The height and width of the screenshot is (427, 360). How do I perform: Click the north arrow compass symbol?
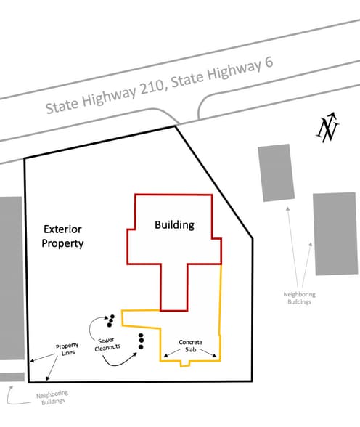tap(327, 128)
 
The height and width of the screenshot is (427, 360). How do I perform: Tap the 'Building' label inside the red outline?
tap(174, 225)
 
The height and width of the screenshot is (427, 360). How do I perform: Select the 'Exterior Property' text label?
tap(62, 236)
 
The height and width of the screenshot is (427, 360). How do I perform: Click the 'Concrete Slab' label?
tap(190, 346)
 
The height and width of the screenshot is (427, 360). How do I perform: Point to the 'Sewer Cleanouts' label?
tap(107, 344)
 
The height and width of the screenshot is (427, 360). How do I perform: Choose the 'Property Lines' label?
tap(67, 349)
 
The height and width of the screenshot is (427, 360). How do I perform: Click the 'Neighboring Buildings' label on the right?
tap(299, 298)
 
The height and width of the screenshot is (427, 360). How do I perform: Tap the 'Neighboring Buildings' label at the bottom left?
tap(52, 398)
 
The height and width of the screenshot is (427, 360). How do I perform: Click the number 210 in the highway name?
tap(152, 86)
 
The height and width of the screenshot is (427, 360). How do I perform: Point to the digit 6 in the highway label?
tap(269, 62)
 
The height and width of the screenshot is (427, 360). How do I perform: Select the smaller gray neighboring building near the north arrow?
tap(277, 173)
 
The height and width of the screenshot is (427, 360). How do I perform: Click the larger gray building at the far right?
tap(335, 234)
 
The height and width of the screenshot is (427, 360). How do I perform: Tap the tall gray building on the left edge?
tap(11, 277)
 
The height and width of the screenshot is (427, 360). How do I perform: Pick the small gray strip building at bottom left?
tap(12, 377)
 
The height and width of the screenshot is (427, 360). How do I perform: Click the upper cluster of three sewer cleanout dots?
tap(111, 321)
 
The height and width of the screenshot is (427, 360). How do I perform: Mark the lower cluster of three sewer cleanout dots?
tap(141, 341)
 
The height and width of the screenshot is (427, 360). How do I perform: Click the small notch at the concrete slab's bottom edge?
tap(185, 364)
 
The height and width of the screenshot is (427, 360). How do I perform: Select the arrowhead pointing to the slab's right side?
tap(215, 355)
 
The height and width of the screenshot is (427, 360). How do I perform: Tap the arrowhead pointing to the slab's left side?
tap(166, 355)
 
